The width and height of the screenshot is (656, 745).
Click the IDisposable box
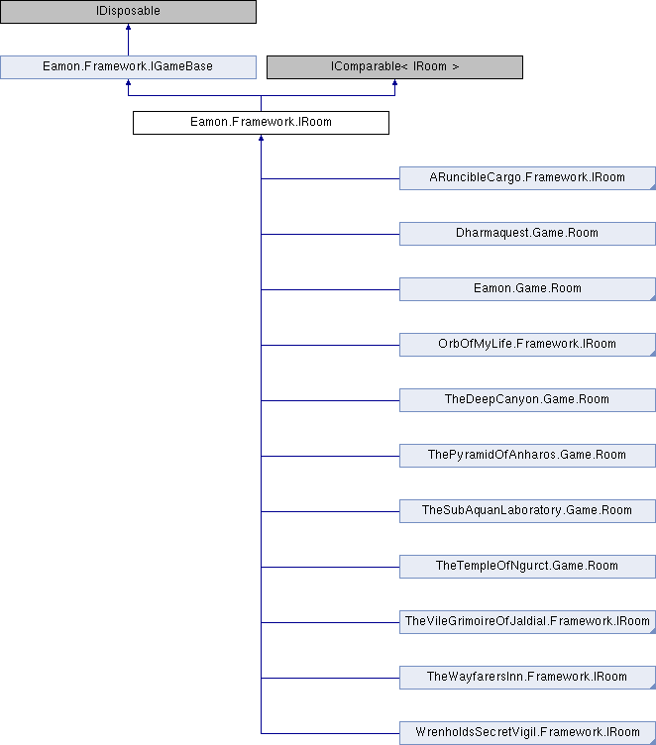(x=129, y=12)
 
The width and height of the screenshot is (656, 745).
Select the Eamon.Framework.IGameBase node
(x=129, y=67)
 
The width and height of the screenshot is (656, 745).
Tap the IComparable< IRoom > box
(x=394, y=67)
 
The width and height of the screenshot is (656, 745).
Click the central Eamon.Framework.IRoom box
(x=261, y=123)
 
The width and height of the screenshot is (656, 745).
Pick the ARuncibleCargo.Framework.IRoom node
(x=527, y=178)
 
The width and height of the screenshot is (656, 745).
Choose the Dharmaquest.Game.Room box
(x=527, y=234)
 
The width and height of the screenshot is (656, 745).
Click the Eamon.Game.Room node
(x=527, y=289)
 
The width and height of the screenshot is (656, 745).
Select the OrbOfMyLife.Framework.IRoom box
(x=527, y=345)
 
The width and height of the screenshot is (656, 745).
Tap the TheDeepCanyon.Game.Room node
(x=527, y=400)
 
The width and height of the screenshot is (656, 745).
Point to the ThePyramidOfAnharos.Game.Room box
(x=527, y=456)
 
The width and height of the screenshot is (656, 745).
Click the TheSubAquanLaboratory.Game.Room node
(x=527, y=511)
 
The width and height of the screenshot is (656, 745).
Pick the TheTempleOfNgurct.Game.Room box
(x=527, y=567)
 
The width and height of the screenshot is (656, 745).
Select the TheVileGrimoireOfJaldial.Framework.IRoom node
(x=527, y=622)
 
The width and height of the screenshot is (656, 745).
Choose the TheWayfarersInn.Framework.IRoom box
(x=527, y=678)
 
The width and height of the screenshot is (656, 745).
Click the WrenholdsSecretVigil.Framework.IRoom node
(x=527, y=733)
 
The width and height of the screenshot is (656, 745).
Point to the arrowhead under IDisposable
(x=129, y=27)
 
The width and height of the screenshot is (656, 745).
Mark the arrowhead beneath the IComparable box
(x=394, y=82)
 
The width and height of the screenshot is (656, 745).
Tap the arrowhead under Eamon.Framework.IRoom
(x=261, y=138)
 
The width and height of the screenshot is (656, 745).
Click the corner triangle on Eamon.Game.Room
(x=653, y=298)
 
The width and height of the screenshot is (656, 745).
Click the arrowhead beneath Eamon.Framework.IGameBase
(x=129, y=82)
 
